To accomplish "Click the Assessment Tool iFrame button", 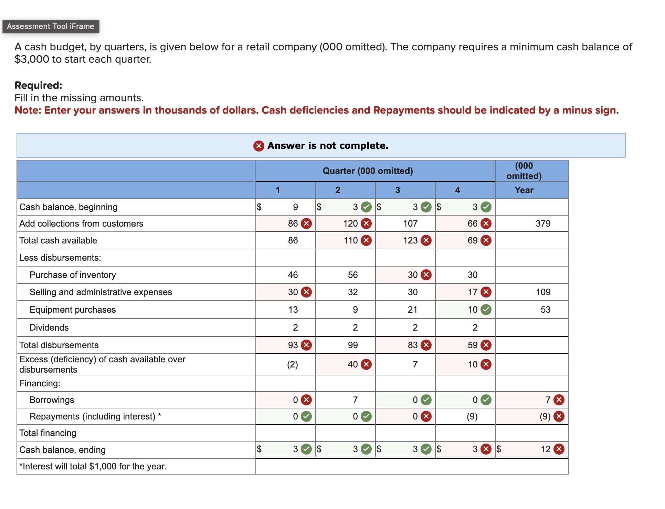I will point(51,27).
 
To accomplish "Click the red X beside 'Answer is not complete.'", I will point(258,146).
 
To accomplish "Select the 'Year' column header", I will point(524,190).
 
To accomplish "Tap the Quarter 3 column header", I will point(398,190).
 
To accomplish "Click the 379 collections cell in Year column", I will point(543,224).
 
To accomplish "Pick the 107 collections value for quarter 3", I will point(410,224).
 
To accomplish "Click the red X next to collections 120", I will point(366,224).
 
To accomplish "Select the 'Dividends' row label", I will point(49,328).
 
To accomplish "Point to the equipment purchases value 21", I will point(412,310).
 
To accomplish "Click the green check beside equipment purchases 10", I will point(486,310).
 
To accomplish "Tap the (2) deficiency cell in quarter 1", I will point(293,364).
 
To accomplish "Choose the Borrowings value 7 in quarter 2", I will point(355,400).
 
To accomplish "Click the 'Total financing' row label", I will point(48,433).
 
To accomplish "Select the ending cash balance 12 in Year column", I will point(546,449).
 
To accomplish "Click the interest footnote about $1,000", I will point(93,466).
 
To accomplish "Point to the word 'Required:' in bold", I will point(39,85).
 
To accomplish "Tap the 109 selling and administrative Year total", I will point(543,292).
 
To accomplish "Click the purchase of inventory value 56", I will point(352,275).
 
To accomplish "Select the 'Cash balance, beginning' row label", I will point(68,207).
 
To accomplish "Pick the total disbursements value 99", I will point(352,345).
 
